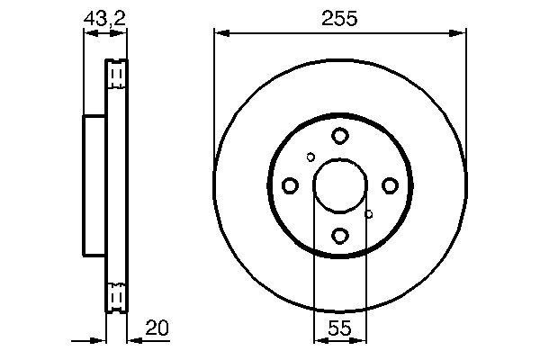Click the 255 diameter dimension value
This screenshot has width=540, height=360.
point(340,17)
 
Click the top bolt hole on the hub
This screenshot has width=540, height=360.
point(339,136)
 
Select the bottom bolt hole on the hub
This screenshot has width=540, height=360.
point(339,235)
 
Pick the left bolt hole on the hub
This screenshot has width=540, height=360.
point(290,185)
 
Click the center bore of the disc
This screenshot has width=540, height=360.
point(339,185)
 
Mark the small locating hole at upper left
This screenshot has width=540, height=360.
point(310,157)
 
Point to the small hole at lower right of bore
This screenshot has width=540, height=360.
point(369,214)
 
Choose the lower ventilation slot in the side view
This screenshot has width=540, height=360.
point(116,295)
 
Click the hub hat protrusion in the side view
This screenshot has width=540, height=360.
point(94,184)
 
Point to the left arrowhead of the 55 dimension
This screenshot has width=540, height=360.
point(318,341)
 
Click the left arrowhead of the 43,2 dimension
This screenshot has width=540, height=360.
point(88,33)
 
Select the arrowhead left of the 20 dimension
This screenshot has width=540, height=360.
point(102,341)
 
